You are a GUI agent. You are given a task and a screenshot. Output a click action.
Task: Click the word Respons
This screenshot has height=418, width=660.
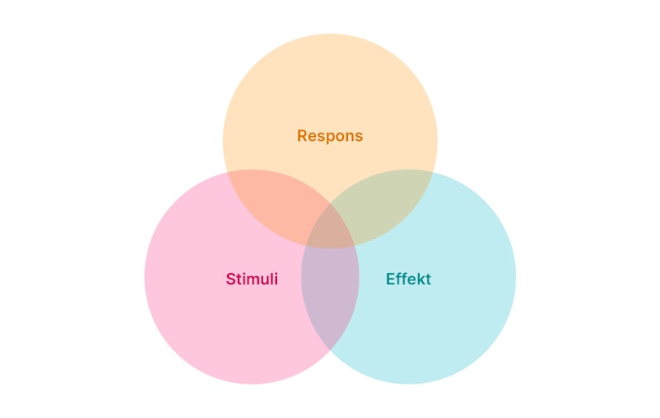[330, 136]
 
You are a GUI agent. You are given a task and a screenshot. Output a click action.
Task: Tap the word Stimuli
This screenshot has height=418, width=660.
[252, 279]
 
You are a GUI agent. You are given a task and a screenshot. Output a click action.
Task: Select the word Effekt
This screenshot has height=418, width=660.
[408, 279]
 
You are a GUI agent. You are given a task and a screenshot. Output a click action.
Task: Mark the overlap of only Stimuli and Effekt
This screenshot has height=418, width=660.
[330, 297]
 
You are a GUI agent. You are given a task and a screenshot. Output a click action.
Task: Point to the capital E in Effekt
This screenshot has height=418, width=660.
[390, 279]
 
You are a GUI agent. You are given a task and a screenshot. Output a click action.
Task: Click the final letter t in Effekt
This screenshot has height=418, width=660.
[428, 279]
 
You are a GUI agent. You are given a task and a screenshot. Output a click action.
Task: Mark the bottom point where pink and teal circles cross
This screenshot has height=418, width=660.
[330, 350]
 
